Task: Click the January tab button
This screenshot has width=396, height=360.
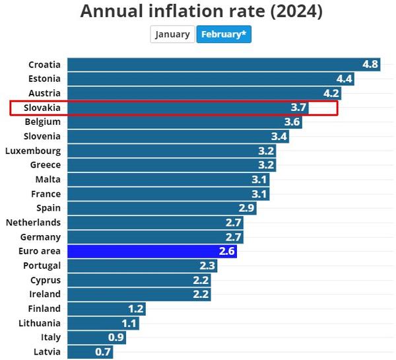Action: pos(172,34)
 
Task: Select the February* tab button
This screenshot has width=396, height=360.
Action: pos(224,34)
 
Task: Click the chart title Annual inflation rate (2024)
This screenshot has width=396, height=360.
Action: pos(201,11)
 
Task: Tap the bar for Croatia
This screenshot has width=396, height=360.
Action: pos(224,65)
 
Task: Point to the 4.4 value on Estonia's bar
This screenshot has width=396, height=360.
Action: pos(345,79)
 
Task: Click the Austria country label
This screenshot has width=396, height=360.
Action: pos(44,93)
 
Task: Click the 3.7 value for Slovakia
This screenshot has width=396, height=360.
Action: pos(299,108)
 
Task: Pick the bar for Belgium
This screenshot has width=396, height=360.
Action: pos(185,122)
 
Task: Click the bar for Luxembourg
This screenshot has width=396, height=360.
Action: pos(172,151)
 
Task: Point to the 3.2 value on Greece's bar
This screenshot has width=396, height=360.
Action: pos(267,165)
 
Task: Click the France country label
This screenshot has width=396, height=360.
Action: pos(46,194)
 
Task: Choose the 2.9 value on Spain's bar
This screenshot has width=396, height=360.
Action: pos(247,208)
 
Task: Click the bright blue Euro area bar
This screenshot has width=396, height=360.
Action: pos(152,251)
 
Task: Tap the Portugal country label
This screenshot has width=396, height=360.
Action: pos(42,266)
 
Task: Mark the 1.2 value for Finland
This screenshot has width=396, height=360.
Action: pos(136,308)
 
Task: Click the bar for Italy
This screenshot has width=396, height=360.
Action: pos(96,338)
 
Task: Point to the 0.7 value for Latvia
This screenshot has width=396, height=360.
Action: pos(104,352)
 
